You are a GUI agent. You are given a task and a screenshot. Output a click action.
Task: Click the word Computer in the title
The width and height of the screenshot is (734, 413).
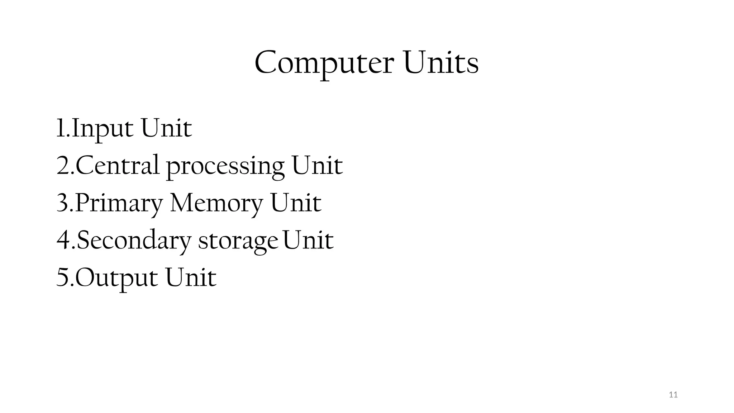pyautogui.click(x=324, y=64)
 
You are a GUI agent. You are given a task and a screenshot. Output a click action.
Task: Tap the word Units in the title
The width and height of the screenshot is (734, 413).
pyautogui.click(x=440, y=63)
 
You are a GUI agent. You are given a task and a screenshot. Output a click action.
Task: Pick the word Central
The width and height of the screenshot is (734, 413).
pyautogui.click(x=117, y=166)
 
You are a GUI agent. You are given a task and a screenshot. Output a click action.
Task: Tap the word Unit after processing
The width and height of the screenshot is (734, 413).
pyautogui.click(x=317, y=166)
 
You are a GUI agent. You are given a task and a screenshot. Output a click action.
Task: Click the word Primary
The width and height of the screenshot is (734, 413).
pyautogui.click(x=119, y=204)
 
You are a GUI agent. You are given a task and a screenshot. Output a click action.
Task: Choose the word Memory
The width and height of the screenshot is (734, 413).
pyautogui.click(x=216, y=204)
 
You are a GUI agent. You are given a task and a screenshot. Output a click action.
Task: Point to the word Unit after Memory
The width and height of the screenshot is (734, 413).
pyautogui.click(x=295, y=203)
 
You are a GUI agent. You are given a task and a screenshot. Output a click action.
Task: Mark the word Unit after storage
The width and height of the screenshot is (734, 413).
pyautogui.click(x=308, y=240)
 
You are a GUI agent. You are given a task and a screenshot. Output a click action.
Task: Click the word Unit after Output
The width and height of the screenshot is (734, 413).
pyautogui.click(x=191, y=277)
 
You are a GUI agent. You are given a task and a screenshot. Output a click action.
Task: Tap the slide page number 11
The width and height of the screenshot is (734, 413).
pyautogui.click(x=673, y=395)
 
